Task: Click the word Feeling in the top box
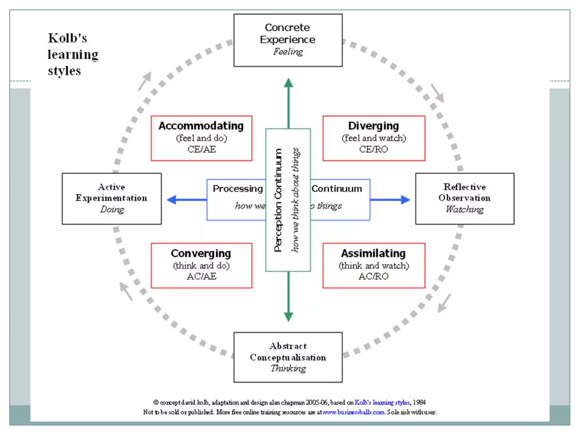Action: point(288,52)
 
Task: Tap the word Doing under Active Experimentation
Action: point(112,209)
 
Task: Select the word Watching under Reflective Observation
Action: point(464,209)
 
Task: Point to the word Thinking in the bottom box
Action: point(288,368)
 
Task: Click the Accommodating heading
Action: point(201,126)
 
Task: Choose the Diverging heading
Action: point(373,126)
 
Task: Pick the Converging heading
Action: point(201,253)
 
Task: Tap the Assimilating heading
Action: point(373,253)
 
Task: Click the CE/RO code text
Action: point(373,149)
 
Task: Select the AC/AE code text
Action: point(201,276)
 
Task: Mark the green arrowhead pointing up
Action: point(288,83)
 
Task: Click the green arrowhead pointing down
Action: point(288,317)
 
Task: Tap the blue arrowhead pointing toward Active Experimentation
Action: point(172,200)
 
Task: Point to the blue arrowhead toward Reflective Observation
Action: point(405,200)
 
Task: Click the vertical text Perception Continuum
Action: point(278,200)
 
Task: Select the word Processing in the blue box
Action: point(238,189)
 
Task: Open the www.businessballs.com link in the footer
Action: point(353,412)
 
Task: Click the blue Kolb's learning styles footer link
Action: point(382,402)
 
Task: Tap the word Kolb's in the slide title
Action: point(67,38)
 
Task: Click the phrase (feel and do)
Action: point(201,138)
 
